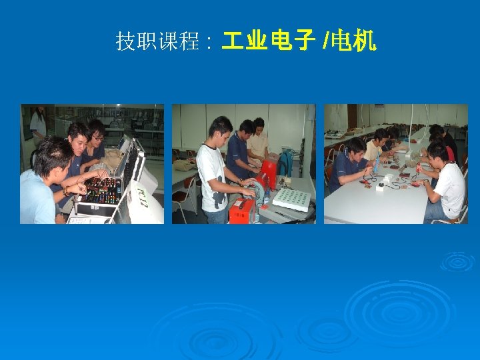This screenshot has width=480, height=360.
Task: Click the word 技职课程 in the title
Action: (x=157, y=43)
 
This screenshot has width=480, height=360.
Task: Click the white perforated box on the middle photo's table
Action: (x=291, y=199)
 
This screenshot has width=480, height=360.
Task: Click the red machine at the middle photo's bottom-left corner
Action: (x=241, y=210)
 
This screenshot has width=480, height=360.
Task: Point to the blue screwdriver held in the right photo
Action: (x=377, y=163)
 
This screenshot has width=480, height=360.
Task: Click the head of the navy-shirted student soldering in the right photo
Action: (x=356, y=147)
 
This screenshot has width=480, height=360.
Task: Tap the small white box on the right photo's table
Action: (x=381, y=187)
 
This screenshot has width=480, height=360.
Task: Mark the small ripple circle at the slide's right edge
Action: (x=457, y=260)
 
